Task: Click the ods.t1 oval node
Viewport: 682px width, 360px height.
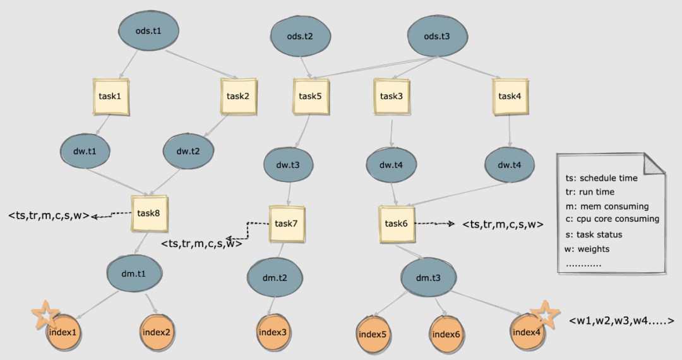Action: [148, 29]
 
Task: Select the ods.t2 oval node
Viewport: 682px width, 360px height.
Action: [299, 35]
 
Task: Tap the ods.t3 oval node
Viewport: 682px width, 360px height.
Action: [437, 35]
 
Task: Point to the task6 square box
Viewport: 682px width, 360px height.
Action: [395, 223]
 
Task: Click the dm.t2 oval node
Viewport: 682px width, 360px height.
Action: [275, 277]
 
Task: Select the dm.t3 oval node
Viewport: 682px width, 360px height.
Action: [428, 277]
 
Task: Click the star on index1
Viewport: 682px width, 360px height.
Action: [45, 315]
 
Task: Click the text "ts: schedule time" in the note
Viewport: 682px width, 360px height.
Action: [602, 178]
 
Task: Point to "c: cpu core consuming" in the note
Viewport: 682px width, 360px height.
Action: [612, 219]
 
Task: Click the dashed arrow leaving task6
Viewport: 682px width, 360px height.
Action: [436, 224]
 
